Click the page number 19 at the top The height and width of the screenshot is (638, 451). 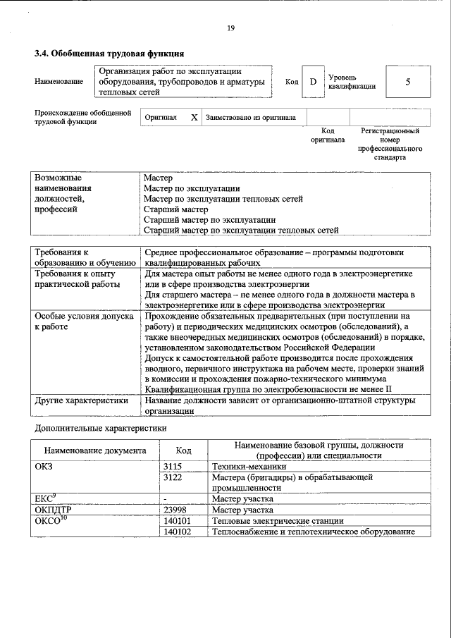(x=230, y=28)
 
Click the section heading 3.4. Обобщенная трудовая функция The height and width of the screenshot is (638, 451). (x=110, y=53)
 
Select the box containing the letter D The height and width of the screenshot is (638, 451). (x=313, y=82)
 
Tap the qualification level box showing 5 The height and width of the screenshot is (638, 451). (x=407, y=82)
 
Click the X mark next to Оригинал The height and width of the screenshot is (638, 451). (x=194, y=118)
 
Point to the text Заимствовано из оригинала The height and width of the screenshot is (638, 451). (x=251, y=118)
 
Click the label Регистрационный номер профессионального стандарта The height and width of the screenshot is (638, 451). (x=390, y=145)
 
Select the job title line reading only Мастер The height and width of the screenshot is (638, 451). (x=158, y=178)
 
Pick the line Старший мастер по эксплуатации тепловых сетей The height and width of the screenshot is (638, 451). (x=240, y=230)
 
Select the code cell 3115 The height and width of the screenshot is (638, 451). (x=173, y=466)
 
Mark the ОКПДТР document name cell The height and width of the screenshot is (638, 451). (x=54, y=509)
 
